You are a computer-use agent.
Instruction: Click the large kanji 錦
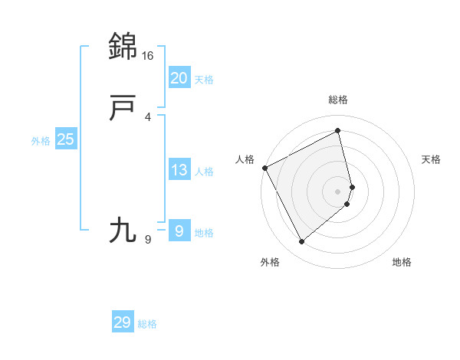pos(123,47)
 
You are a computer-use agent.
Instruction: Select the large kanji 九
pos(123,231)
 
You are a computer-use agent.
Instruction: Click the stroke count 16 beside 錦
pos(148,56)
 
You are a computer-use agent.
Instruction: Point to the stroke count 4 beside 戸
pos(148,116)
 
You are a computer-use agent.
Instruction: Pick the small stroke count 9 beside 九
pos(148,240)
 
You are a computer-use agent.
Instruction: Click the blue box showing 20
pos(179,78)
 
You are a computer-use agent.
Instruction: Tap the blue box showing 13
pos(179,170)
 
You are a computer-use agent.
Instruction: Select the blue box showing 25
pos(66,139)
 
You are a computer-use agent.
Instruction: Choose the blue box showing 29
pos(123,322)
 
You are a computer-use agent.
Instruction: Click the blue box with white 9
pos(179,231)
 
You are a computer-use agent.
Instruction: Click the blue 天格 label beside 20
pos(204,80)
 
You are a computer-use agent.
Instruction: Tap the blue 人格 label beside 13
pos(204,172)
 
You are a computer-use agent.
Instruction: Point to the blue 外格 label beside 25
pos(41,141)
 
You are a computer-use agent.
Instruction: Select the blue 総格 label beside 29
pos(147,324)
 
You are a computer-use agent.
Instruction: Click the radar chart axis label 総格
pos(338,100)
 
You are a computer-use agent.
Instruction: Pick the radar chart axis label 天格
pos(431,159)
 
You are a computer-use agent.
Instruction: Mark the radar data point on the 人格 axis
pos(264,168)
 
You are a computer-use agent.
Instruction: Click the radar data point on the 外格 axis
pos(301,242)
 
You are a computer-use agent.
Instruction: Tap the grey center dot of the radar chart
pos(338,191)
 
